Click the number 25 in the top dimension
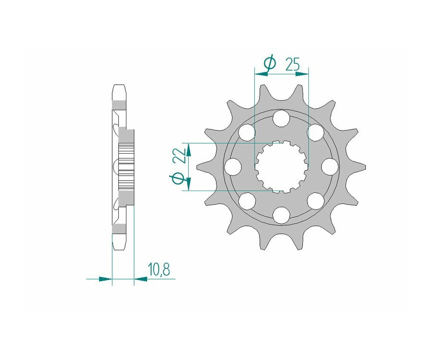pyautogui.click(x=292, y=65)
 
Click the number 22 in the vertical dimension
pyautogui.click(x=180, y=157)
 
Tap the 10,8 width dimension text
pyautogui.click(x=159, y=270)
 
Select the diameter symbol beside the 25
pyautogui.click(x=270, y=63)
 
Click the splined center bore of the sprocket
pyautogui.click(x=281, y=167)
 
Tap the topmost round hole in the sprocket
pyautogui.click(x=281, y=118)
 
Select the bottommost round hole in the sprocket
pyautogui.click(x=281, y=215)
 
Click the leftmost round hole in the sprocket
pyautogui.click(x=233, y=167)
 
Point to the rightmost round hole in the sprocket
pyautogui.click(x=329, y=167)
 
